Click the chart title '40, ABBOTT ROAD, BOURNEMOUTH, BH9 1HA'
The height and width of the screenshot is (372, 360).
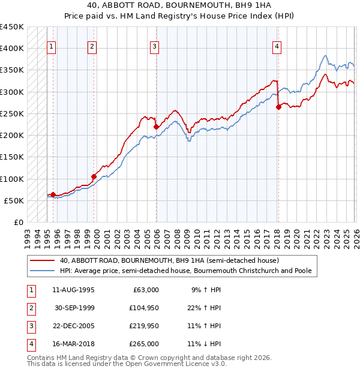[x=179, y=7]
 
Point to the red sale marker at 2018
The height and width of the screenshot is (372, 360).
[x=278, y=107]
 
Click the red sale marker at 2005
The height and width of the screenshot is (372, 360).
[x=156, y=127]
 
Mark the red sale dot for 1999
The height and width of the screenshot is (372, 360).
[x=94, y=176]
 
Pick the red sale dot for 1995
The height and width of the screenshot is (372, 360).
[x=53, y=194]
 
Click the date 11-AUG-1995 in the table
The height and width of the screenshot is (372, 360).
[x=73, y=290]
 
